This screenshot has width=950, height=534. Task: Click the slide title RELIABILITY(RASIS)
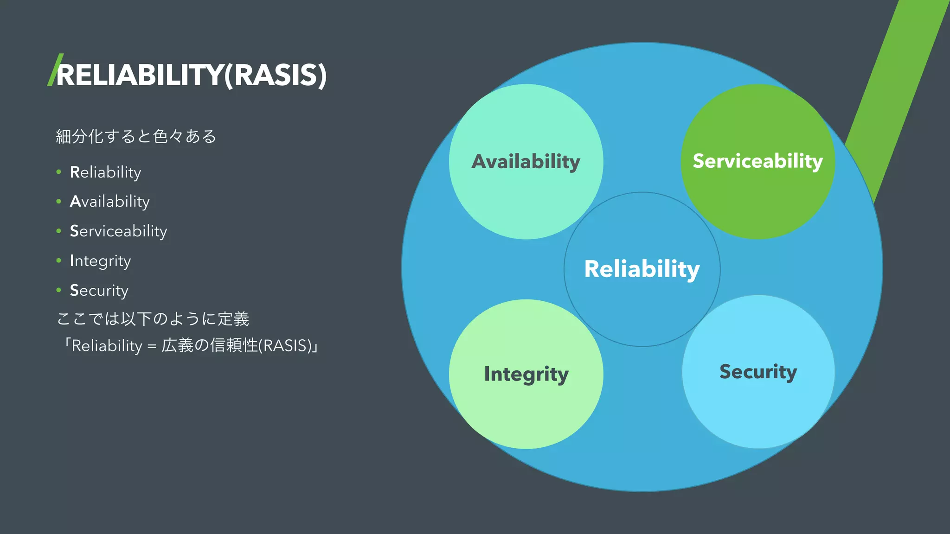[x=191, y=75]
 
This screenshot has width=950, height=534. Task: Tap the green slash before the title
[x=55, y=70]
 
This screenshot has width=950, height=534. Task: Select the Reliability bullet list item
[x=105, y=172]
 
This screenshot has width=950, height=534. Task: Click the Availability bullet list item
[x=109, y=202]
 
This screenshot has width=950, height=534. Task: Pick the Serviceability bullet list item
[x=118, y=231]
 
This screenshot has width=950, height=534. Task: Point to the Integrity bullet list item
[x=100, y=261]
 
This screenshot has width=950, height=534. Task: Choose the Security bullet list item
[x=99, y=291]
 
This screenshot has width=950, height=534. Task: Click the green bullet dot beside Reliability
[x=59, y=172]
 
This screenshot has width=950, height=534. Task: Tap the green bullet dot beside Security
[x=59, y=290]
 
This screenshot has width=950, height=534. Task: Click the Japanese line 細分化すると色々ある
[x=136, y=136]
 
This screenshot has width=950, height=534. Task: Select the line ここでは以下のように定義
[x=153, y=319]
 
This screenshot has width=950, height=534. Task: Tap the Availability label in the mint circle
[x=526, y=162]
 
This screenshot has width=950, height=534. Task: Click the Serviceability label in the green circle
[x=757, y=161]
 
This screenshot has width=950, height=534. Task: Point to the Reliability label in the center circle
[x=642, y=269]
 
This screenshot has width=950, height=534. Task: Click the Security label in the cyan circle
[x=758, y=372]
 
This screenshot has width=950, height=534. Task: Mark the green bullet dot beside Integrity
[x=59, y=261]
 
